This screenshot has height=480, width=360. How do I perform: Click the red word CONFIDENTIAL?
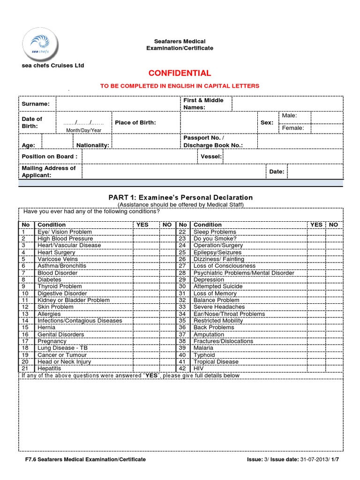(180, 73)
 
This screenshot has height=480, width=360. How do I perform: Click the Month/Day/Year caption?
(83, 130)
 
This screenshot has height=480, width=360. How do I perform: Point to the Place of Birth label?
(135, 122)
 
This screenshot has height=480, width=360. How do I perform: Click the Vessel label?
(211, 156)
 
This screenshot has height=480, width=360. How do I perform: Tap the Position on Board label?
(49, 156)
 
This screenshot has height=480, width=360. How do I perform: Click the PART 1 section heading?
(180, 197)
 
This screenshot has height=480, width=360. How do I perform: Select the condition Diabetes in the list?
(49, 280)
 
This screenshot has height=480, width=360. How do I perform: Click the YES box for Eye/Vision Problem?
(146, 232)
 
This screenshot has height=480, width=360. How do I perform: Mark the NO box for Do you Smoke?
(333, 239)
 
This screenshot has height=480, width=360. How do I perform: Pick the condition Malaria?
(203, 348)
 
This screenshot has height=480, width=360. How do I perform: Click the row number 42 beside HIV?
(183, 369)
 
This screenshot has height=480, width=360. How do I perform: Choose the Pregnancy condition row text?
(52, 341)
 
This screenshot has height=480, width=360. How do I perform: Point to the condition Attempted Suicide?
(218, 286)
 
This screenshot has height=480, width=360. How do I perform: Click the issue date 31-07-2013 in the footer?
(314, 459)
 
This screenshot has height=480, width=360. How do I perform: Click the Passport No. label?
(203, 138)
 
